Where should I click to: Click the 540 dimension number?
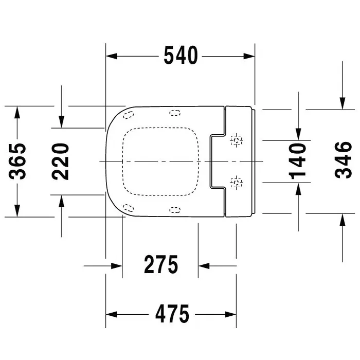181,56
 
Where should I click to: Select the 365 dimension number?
17,161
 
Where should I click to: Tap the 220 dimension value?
60,161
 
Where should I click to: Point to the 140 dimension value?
298,161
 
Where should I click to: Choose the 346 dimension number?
343,160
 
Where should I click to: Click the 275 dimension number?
161,264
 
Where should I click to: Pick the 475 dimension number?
172,314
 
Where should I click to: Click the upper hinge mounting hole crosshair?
237,140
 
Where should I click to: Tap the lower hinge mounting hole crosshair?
237,183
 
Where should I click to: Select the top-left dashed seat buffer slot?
129,115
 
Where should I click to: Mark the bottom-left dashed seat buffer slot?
129,208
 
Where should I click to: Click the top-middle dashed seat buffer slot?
175,113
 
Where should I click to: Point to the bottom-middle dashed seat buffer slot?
175,210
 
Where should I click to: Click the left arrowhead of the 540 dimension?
112,56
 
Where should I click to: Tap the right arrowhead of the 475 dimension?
230,314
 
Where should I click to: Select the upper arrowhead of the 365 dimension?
17,112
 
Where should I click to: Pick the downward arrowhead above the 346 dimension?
343,103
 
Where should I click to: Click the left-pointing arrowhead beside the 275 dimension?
204,266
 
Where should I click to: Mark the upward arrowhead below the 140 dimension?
298,189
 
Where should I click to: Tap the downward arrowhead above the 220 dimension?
61,122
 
